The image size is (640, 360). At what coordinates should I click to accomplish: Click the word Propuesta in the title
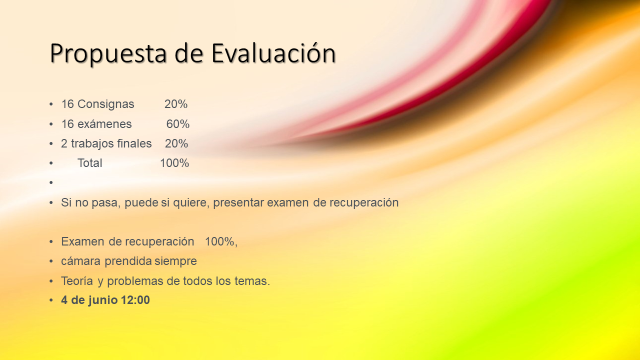click(108, 53)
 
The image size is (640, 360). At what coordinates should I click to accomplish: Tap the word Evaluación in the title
click(273, 53)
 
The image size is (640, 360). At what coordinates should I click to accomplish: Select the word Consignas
click(105, 104)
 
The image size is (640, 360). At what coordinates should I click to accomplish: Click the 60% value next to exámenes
click(177, 124)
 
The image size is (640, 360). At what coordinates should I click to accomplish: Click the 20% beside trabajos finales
click(176, 143)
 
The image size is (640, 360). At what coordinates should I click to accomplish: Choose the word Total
click(89, 163)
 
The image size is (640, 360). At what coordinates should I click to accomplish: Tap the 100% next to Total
click(174, 163)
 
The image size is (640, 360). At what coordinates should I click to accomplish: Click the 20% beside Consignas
click(175, 104)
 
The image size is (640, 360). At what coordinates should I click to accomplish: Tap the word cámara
click(81, 261)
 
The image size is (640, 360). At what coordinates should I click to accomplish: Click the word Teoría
click(77, 281)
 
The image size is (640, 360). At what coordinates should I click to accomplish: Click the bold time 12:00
click(135, 300)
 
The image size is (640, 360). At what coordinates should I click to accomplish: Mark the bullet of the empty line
click(51, 182)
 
